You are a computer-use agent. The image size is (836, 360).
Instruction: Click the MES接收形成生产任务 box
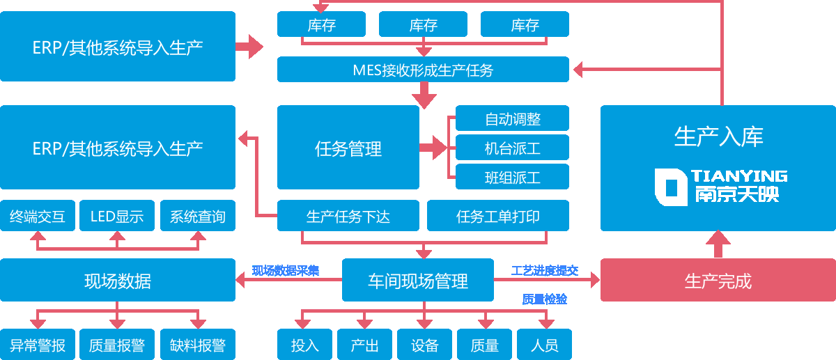point(423,70)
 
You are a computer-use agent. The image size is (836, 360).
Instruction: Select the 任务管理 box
point(348,148)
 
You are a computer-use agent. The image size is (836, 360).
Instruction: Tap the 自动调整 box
point(512,118)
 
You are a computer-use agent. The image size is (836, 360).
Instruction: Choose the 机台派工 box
point(512,148)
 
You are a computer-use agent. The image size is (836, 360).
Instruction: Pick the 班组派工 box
point(512,177)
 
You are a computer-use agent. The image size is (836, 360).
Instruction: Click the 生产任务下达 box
point(348,216)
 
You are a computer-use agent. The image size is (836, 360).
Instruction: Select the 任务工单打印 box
point(498,216)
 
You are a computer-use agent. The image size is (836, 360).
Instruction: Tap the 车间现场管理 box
point(418,280)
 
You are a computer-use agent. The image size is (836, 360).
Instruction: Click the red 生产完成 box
point(718,280)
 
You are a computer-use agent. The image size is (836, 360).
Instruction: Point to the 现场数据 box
point(118,280)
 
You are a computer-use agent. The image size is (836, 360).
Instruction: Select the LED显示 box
point(117,216)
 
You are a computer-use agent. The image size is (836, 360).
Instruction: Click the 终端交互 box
point(38,216)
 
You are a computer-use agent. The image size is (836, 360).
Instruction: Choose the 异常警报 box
point(38,344)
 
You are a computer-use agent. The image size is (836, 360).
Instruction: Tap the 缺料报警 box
point(198,344)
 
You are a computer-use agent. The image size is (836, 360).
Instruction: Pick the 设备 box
point(425,344)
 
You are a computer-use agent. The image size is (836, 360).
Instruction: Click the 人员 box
point(544,344)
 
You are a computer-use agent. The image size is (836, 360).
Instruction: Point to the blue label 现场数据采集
point(286,270)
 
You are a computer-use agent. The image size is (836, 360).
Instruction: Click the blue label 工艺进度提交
point(545,270)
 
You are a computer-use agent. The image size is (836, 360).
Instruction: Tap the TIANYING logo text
point(739,175)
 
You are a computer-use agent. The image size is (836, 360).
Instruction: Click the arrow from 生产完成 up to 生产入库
point(718,244)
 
